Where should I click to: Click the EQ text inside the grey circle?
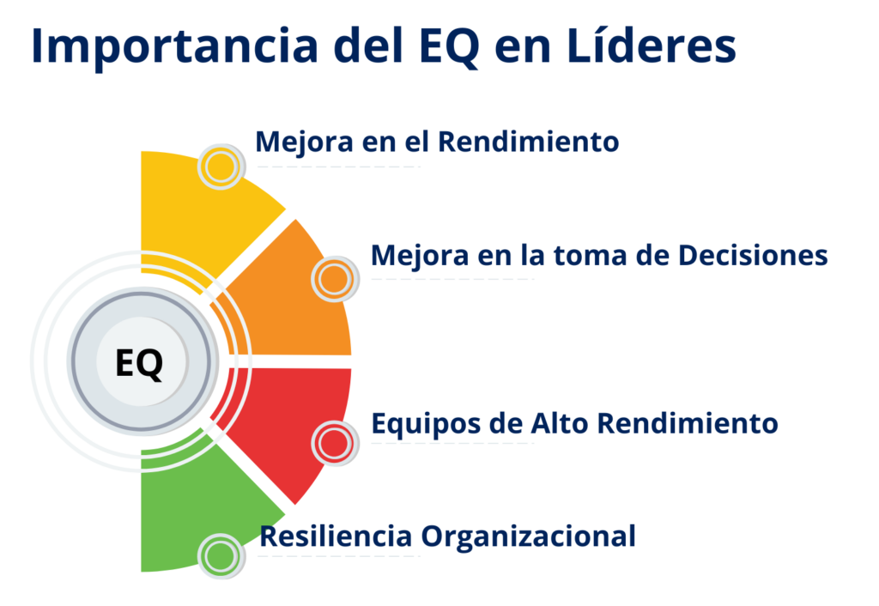point(139,363)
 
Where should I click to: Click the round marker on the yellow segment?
point(221,167)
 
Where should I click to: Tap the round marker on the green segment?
point(221,555)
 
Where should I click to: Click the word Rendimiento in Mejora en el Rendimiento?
point(528,141)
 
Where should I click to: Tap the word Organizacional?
point(528,536)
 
